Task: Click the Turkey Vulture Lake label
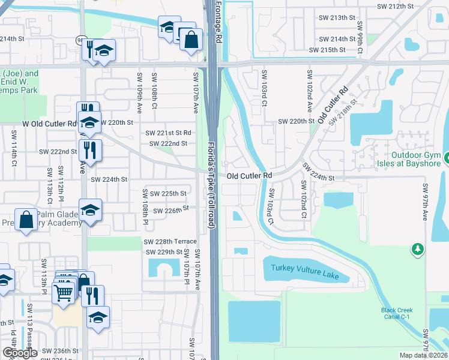(x=305, y=272)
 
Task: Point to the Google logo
(x=20, y=353)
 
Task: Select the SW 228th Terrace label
(x=170, y=241)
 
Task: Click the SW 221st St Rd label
(x=168, y=133)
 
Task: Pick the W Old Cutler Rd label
(x=49, y=123)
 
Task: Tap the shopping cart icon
(x=63, y=292)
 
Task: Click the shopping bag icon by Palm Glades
(x=27, y=220)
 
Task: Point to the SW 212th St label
(x=395, y=7)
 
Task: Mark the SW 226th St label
(x=172, y=210)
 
